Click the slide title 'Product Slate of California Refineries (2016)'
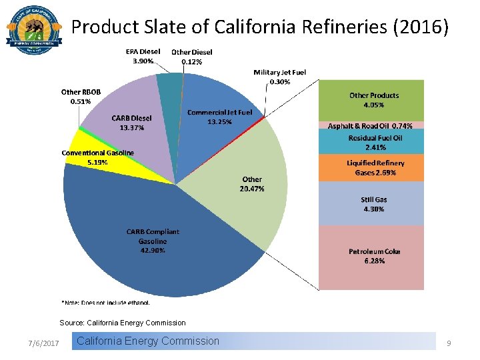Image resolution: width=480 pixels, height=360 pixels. coord(260,27)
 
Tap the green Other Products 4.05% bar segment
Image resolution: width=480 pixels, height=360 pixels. coord(371,100)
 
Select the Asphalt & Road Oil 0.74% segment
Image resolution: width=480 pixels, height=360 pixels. coord(371,125)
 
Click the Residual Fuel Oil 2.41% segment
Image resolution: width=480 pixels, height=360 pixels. coord(371,142)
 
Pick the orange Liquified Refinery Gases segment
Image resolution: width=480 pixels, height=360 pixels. coord(371,168)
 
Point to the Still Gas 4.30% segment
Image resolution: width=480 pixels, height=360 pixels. coord(371,204)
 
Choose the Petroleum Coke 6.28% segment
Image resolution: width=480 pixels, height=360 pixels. coord(371,257)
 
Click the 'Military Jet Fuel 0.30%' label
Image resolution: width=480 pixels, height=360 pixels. coord(280,77)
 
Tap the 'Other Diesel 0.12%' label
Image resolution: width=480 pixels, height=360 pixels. coord(192,57)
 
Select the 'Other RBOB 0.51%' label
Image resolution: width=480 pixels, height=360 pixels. coord(81,97)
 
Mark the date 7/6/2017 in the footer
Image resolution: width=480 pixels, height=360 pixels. coord(44,343)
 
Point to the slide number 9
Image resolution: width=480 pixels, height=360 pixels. coord(449,343)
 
